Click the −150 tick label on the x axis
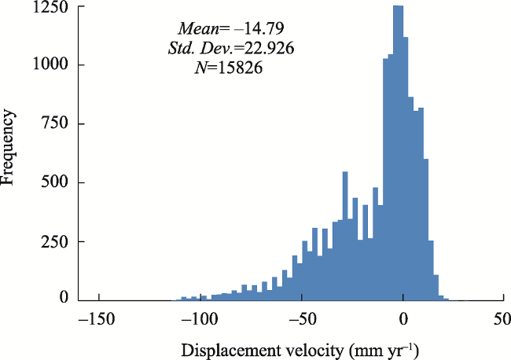[98, 320]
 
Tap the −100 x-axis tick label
[200, 320]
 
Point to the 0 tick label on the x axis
[403, 320]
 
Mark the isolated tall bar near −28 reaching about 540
[345, 236]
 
